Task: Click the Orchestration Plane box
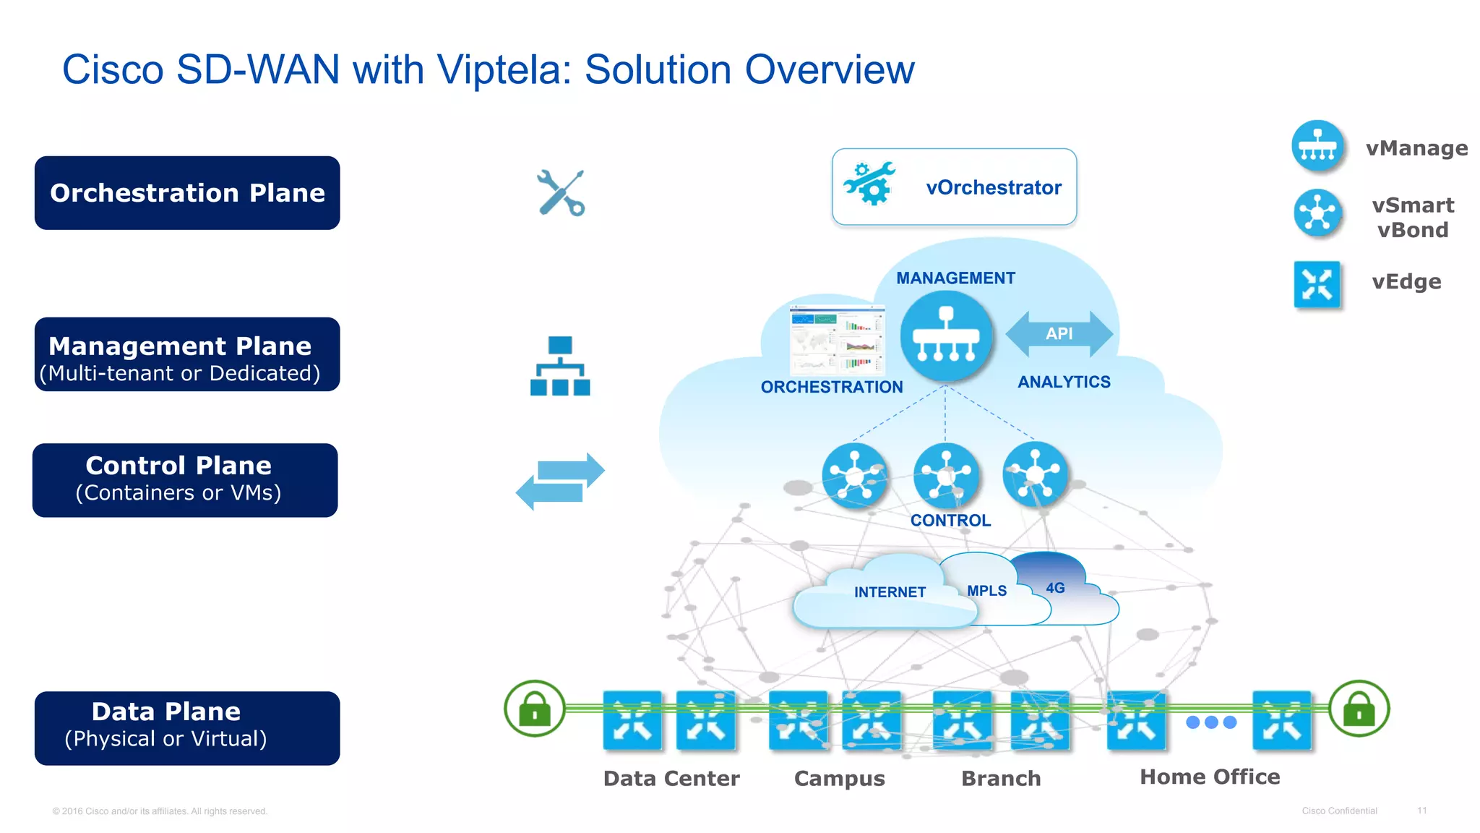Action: [x=187, y=193]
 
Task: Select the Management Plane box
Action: [x=187, y=355]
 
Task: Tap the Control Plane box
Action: [x=185, y=480]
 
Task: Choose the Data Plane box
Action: [x=187, y=728]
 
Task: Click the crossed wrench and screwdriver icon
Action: [x=561, y=193]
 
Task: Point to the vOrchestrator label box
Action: [x=954, y=187]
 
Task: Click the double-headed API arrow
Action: [x=1059, y=333]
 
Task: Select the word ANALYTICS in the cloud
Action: [x=1064, y=382]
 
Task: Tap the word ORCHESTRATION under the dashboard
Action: [x=831, y=387]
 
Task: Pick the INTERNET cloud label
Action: [x=889, y=592]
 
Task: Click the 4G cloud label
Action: [x=1055, y=588]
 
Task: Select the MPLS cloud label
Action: [x=986, y=591]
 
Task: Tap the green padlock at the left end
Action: [x=535, y=709]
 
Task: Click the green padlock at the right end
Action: [x=1359, y=709]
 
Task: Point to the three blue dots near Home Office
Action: [x=1211, y=722]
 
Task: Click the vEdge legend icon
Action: [x=1317, y=284]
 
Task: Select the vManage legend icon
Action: [x=1317, y=146]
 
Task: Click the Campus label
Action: [x=839, y=779]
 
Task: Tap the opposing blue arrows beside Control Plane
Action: [x=560, y=481]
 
